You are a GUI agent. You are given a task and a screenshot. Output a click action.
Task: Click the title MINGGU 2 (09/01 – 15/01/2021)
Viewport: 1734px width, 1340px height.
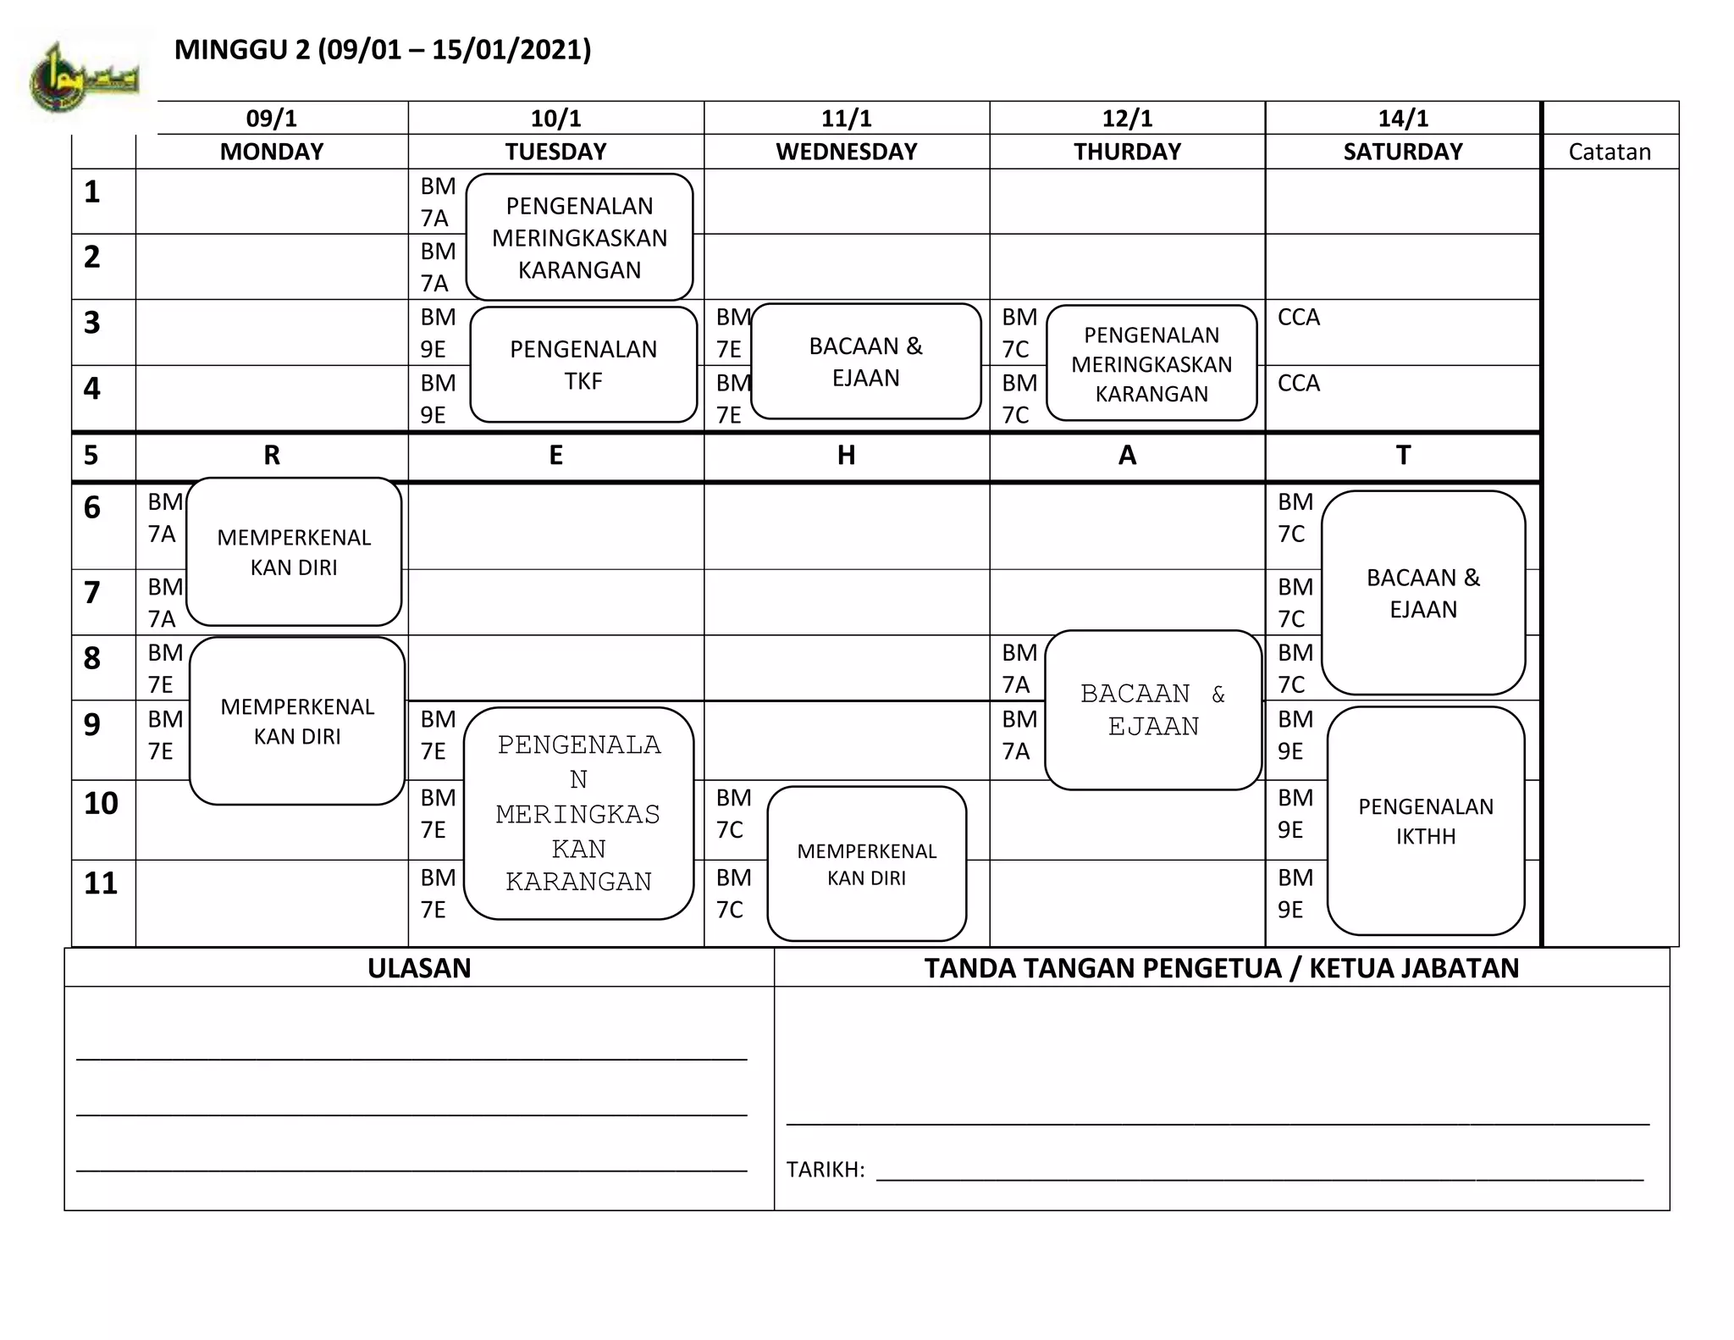pyautogui.click(x=382, y=50)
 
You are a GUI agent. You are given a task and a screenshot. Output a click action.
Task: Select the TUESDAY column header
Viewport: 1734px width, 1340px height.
pyautogui.click(x=555, y=152)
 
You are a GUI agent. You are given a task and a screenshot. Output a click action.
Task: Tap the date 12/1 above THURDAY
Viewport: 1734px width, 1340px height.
pyautogui.click(x=1127, y=118)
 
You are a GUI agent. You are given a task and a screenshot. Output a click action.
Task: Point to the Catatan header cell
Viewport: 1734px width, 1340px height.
pyautogui.click(x=1609, y=152)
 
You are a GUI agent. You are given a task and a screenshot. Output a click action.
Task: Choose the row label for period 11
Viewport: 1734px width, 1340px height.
pyautogui.click(x=101, y=883)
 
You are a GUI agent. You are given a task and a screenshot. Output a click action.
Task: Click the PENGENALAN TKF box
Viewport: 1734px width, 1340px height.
pyautogui.click(x=583, y=364)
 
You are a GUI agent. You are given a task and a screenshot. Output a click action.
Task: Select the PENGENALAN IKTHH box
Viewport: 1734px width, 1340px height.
pyautogui.click(x=1426, y=821)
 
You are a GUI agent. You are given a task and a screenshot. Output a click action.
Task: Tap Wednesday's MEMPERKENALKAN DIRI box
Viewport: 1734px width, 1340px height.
pyautogui.click(x=866, y=863)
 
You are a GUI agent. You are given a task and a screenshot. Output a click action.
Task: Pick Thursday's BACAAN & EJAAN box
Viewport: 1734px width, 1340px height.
pyautogui.click(x=1153, y=710)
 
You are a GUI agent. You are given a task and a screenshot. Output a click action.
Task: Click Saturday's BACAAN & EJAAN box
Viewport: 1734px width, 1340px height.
pyautogui.click(x=1423, y=593)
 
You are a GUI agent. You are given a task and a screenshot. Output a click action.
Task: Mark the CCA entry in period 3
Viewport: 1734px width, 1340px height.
pyautogui.click(x=1299, y=318)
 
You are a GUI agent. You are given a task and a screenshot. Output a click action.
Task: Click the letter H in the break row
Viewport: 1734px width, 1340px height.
pyautogui.click(x=846, y=456)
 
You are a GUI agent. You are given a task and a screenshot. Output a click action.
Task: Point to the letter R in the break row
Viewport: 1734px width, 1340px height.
pyautogui.click(x=272, y=456)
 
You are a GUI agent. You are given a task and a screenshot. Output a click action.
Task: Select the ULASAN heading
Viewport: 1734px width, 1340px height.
pyautogui.click(x=419, y=968)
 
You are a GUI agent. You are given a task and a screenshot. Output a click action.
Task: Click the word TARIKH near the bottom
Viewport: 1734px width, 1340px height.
pyautogui.click(x=825, y=1170)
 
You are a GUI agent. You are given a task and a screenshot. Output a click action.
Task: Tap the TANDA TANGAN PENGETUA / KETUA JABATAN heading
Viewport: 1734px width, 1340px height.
pyautogui.click(x=1221, y=968)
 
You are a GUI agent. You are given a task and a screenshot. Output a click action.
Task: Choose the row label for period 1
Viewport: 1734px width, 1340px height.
pyautogui.click(x=92, y=192)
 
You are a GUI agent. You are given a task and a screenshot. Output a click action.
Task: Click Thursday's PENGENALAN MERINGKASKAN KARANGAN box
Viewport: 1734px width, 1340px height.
pyautogui.click(x=1151, y=363)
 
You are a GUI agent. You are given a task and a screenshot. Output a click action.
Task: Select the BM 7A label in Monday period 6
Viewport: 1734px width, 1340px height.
pyautogui.click(x=164, y=518)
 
